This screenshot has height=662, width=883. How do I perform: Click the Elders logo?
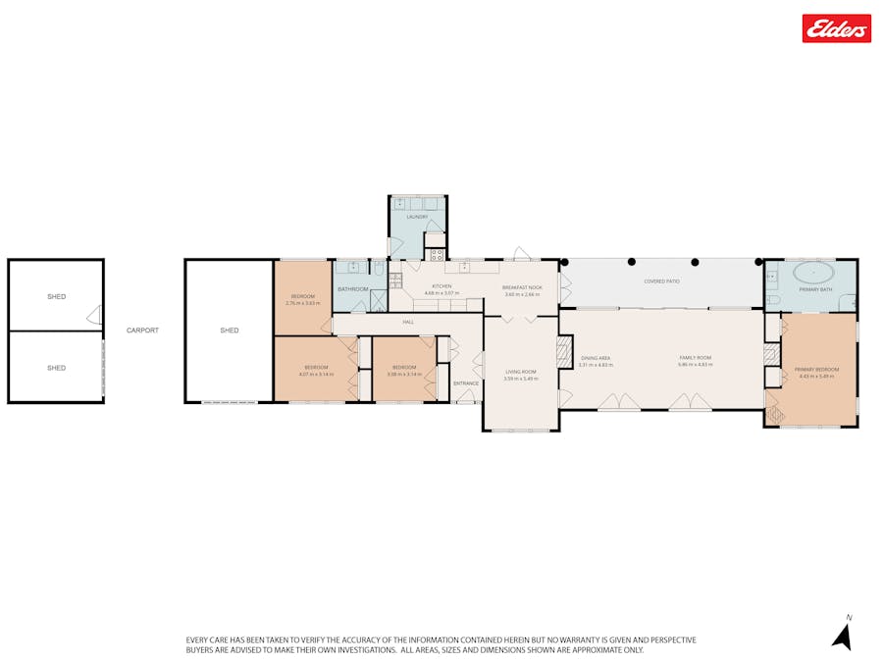(x=836, y=28)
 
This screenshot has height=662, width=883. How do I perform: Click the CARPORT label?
(x=142, y=331)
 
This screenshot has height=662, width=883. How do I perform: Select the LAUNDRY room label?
(x=417, y=217)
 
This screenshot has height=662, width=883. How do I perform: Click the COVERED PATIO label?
(x=661, y=281)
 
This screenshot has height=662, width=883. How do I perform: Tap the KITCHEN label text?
(x=441, y=286)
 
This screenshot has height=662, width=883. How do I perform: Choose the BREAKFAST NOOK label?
(x=521, y=286)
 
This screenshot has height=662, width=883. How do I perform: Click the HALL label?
(x=407, y=322)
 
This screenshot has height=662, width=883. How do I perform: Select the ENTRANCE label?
(x=466, y=383)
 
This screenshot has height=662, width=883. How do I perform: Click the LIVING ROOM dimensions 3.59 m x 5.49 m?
(x=520, y=379)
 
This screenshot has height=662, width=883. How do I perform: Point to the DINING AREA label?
(x=595, y=358)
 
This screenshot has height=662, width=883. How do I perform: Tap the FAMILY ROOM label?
(x=696, y=358)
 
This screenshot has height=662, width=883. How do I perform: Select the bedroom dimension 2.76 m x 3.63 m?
(x=302, y=303)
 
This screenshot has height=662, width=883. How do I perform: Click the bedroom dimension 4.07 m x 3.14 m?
(x=316, y=375)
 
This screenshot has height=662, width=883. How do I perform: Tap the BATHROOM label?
(x=352, y=289)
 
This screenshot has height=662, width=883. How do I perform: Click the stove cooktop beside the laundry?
(x=435, y=253)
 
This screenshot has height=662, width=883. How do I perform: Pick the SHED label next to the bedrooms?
(x=230, y=331)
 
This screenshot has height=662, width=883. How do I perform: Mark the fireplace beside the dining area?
(x=564, y=352)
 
